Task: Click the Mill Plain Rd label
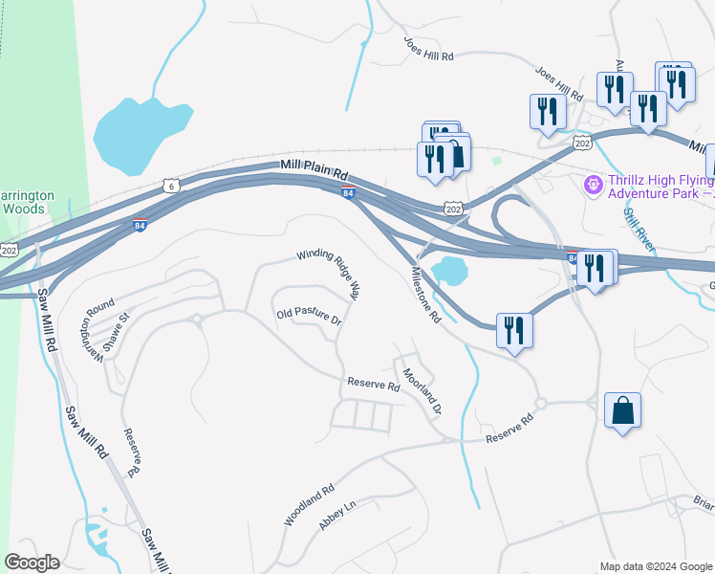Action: pyautogui.click(x=315, y=170)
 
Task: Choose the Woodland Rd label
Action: pyautogui.click(x=309, y=504)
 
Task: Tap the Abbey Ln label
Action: pyautogui.click(x=336, y=517)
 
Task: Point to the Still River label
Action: pyautogui.click(x=639, y=231)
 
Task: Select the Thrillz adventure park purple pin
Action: pyautogui.click(x=592, y=182)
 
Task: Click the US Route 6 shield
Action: pyautogui.click(x=169, y=184)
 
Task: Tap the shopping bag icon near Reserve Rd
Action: pyautogui.click(x=622, y=410)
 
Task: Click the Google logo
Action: pyautogui.click(x=32, y=563)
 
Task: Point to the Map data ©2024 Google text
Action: pyautogui.click(x=656, y=566)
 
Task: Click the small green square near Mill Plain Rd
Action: pyautogui.click(x=497, y=160)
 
